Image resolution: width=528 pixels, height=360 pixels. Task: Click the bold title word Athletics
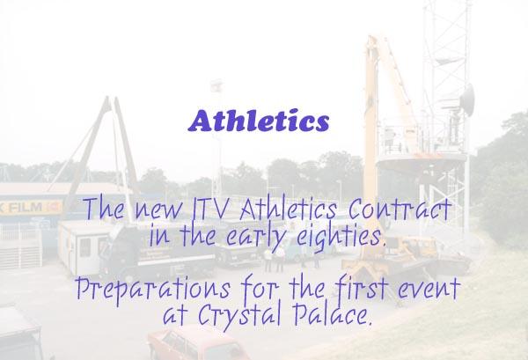tap(259, 121)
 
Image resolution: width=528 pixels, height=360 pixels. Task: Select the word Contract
tap(400, 209)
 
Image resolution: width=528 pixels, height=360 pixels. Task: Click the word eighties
tap(341, 237)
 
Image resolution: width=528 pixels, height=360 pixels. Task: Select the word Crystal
tap(239, 316)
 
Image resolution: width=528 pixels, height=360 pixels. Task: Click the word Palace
tap(333, 314)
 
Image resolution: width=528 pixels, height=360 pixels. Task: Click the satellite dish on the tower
tap(468, 100)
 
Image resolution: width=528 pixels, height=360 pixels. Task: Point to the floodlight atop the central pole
tap(216, 85)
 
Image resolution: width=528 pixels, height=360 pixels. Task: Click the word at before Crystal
tap(174, 317)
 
